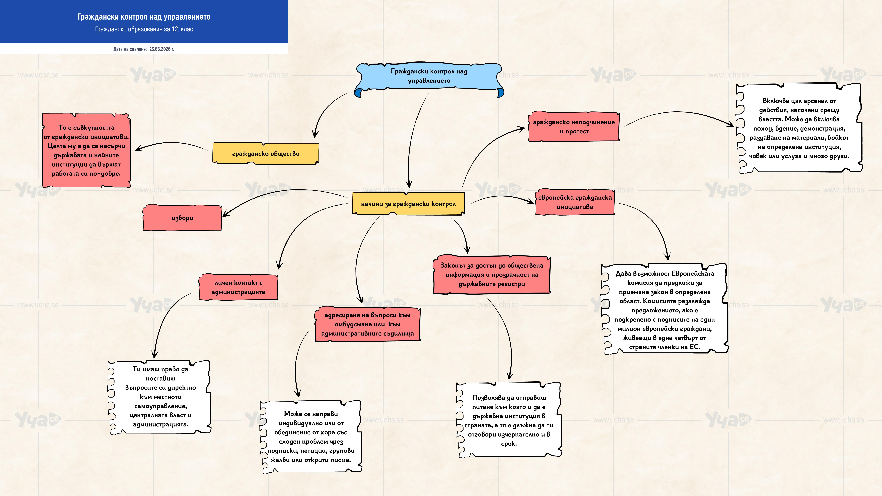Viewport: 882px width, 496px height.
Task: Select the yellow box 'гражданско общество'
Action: click(266, 153)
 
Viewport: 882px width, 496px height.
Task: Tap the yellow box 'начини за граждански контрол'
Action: click(408, 204)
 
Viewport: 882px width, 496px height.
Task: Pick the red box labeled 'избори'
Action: click(182, 218)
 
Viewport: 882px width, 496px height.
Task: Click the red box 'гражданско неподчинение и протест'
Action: click(574, 127)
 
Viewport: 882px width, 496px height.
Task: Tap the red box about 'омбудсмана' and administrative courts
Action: click(367, 324)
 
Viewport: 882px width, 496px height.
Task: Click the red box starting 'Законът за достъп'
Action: click(492, 274)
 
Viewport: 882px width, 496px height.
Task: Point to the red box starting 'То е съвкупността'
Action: click(86, 150)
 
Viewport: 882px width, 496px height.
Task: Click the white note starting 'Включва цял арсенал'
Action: click(799, 128)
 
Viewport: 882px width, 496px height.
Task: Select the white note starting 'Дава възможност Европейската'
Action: click(665, 310)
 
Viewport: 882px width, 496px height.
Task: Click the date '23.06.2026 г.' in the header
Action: click(162, 49)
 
